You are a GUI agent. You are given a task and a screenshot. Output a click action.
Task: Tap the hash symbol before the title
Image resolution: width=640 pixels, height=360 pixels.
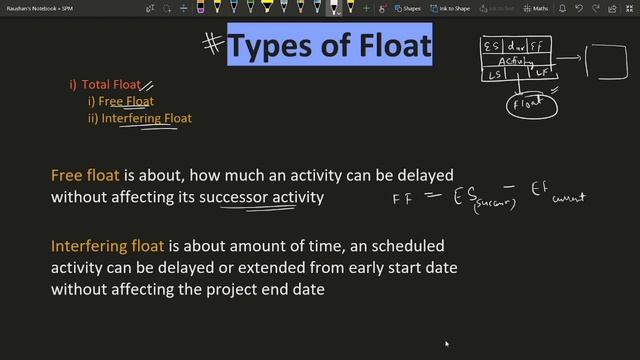coord(212,44)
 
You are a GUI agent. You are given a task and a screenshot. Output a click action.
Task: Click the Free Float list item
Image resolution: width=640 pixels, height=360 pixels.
coord(124,101)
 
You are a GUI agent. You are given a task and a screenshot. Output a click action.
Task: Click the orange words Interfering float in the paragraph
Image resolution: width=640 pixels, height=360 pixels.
coord(108,245)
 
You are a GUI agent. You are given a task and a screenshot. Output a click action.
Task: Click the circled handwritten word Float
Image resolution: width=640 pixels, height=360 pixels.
coord(532,102)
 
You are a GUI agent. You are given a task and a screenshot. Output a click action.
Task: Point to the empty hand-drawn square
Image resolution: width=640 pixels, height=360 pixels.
coord(605,60)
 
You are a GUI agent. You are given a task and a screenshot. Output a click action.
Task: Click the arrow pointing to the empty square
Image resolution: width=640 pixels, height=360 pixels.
coord(570,60)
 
